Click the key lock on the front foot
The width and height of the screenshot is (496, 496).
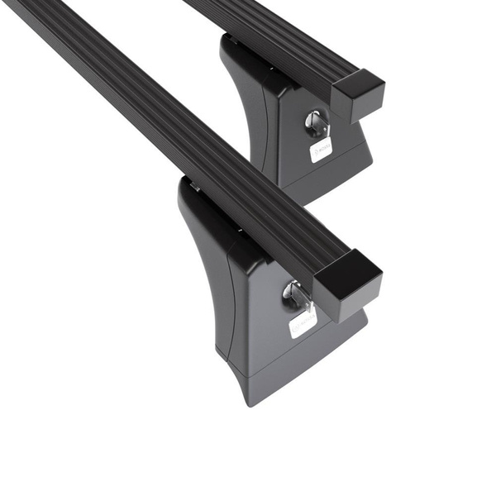tap(294, 293)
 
